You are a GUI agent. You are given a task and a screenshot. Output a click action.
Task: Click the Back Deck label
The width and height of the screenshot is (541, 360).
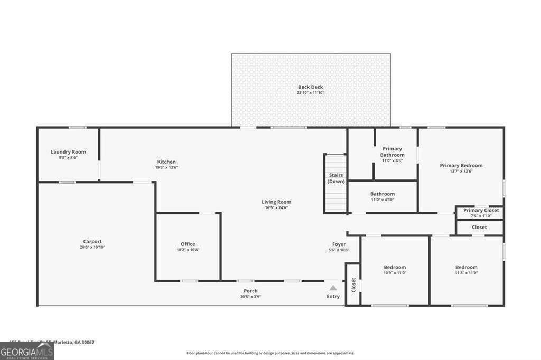[310, 87]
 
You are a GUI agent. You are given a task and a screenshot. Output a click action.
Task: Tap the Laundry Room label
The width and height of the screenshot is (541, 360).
[68, 152]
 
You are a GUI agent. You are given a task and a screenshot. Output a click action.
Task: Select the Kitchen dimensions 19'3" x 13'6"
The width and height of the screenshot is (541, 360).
[166, 168]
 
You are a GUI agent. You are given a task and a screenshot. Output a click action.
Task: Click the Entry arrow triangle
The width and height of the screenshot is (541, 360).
[333, 288]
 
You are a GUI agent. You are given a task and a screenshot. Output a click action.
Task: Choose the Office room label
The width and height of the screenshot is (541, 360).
[188, 244]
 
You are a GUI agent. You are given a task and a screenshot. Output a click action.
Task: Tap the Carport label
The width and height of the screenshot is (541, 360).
[92, 241]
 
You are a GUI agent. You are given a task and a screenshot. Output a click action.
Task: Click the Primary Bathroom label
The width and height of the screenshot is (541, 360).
[393, 152]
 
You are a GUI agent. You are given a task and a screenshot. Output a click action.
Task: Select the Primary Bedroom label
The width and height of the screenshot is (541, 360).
[461, 165]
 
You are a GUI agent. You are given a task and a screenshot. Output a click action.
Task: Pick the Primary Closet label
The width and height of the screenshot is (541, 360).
[481, 210]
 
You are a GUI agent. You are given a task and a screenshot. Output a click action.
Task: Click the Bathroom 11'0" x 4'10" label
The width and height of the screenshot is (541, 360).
[382, 194]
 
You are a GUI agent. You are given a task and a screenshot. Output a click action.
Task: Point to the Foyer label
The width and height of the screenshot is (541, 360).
[339, 244]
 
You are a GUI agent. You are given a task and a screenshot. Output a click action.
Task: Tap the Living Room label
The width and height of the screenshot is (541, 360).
[276, 202]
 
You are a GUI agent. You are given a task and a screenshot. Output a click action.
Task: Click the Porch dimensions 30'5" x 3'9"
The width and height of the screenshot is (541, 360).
[250, 297]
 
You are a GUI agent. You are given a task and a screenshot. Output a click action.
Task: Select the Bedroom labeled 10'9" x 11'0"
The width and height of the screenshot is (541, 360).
[395, 267]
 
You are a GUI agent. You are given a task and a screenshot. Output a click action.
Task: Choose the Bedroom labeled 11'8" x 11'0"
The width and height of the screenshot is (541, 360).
[466, 267]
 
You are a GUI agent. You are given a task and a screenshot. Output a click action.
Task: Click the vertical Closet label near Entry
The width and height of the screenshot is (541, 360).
[353, 285]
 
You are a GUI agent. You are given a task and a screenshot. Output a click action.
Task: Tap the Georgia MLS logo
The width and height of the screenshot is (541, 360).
[26, 351]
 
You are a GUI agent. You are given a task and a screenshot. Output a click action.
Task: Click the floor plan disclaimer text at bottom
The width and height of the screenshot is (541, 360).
[270, 353]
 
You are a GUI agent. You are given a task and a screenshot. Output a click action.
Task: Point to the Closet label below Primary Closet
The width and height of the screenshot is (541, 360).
[479, 227]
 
